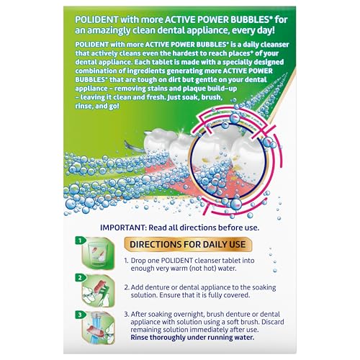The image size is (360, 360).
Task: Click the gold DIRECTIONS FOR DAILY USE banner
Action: click(x=188, y=245)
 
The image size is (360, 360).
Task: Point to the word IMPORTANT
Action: click(x=122, y=228)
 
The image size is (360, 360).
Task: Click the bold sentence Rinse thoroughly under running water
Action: click(x=192, y=338)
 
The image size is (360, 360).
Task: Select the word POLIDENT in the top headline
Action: click(x=96, y=19)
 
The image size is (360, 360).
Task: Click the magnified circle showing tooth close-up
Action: click(x=228, y=161)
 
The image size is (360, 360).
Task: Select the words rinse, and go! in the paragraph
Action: click(x=97, y=106)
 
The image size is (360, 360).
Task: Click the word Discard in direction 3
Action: click(x=273, y=322)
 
